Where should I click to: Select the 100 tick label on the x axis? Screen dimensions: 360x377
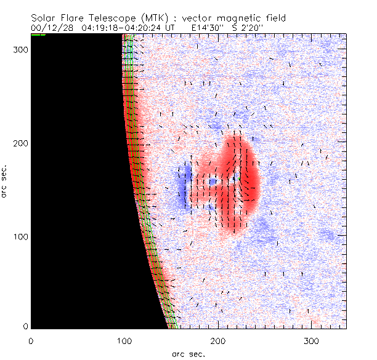tap(124, 340)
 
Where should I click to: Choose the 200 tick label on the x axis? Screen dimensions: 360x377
tap(217, 340)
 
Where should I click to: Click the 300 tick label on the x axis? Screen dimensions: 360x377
tap(311, 340)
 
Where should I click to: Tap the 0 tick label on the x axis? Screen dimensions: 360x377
tap(30, 340)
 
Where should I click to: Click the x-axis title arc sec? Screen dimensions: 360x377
tap(188, 353)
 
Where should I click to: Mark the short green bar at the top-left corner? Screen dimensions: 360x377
tap(38, 35)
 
